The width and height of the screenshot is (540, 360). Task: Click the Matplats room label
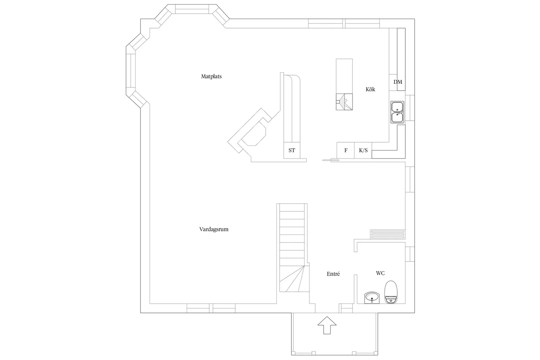point(211,77)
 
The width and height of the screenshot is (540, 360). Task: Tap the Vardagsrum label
point(214,229)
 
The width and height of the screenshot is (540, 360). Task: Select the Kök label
point(370,89)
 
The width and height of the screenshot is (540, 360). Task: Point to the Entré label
point(333,274)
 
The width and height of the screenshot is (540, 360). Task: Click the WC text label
point(380,273)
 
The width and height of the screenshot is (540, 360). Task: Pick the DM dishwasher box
point(398,82)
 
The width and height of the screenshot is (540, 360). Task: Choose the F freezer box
point(346,151)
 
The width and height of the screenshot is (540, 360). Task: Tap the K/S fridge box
point(363,151)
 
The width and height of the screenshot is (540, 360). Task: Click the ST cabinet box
point(292,151)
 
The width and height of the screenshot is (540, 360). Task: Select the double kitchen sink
point(397,112)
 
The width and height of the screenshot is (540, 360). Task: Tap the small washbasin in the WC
point(372,298)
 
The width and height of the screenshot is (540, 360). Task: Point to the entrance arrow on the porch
point(327,325)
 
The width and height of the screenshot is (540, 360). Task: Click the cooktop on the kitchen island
point(344,102)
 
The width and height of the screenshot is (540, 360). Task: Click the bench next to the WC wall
point(388,235)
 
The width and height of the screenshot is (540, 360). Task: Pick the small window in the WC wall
point(410,254)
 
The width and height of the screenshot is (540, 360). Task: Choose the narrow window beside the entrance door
point(346,308)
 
